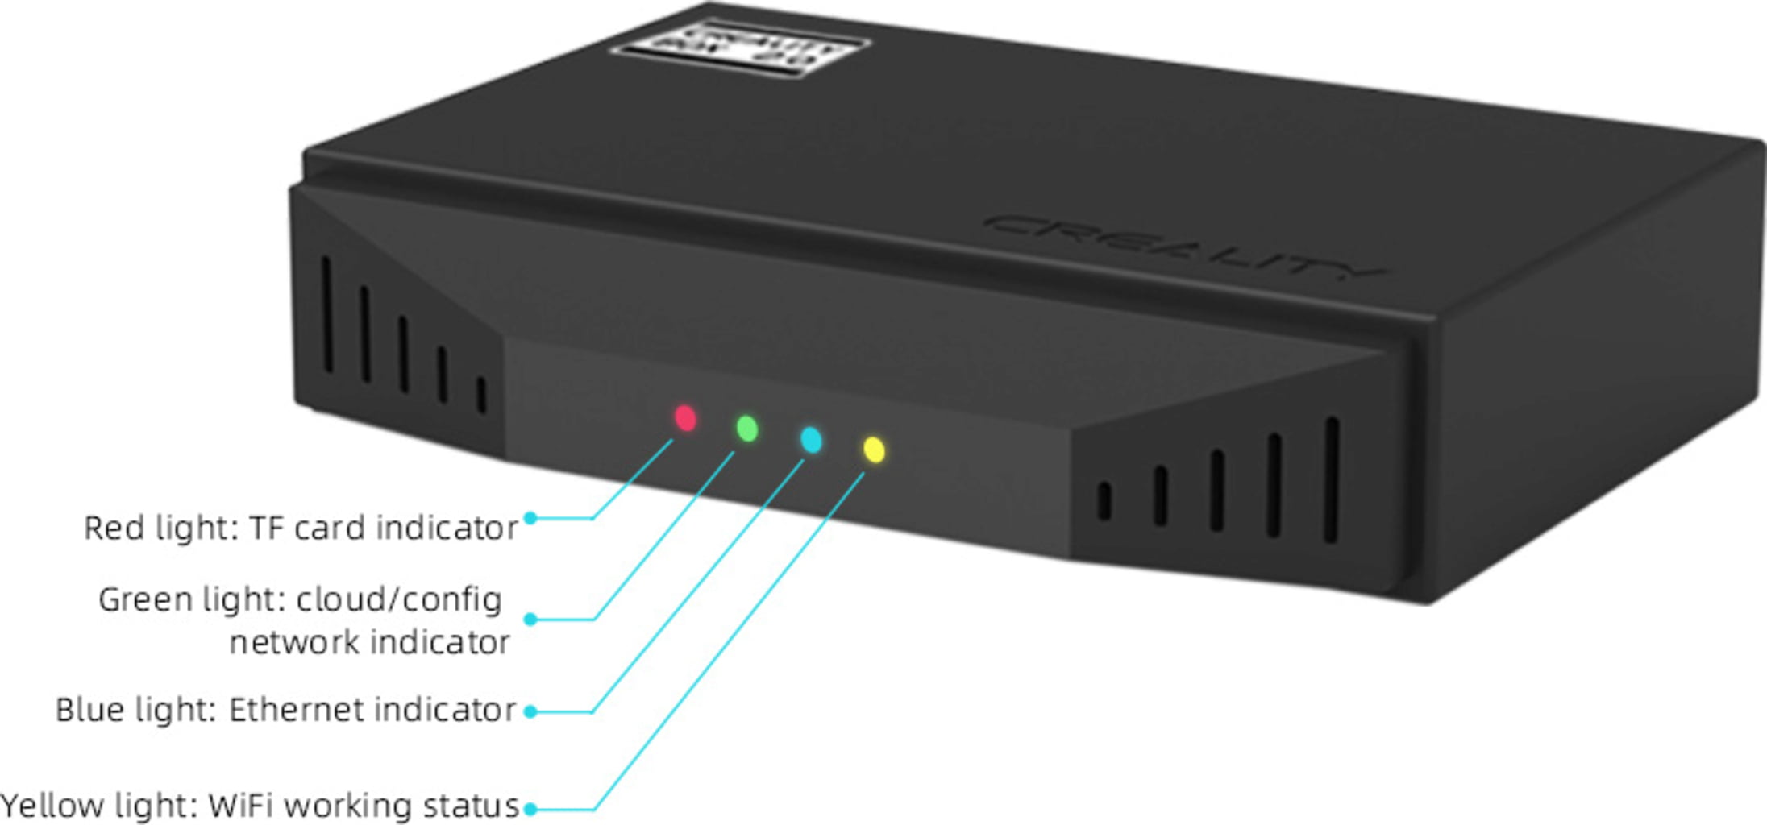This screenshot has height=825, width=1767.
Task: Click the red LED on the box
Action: point(685,418)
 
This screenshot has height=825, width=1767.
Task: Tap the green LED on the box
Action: point(747,429)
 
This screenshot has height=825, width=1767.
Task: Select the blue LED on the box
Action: point(811,440)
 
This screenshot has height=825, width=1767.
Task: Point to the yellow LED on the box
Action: point(874,450)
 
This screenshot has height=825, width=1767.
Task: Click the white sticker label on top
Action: point(739,48)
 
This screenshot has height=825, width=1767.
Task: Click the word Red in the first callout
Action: point(114,529)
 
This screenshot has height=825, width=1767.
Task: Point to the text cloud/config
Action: point(398,600)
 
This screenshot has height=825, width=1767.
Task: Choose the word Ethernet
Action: point(295,711)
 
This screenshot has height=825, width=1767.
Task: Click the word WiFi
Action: point(241,806)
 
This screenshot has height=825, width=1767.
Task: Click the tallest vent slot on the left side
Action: point(327,315)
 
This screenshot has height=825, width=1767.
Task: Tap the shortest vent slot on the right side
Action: point(1104,501)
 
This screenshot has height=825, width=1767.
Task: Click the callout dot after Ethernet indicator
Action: point(530,711)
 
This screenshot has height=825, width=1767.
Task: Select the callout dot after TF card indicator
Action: point(530,518)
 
